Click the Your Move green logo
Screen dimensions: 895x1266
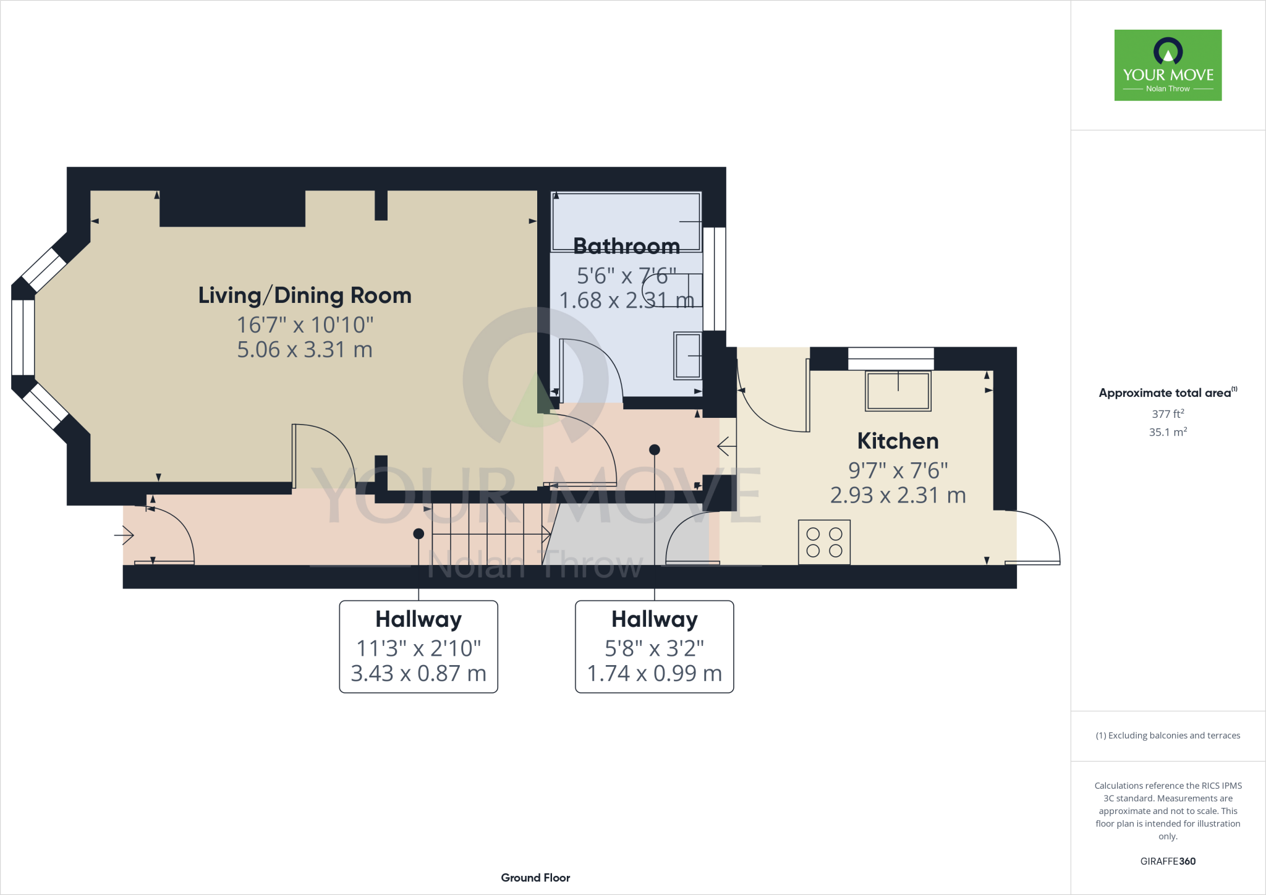[1168, 65]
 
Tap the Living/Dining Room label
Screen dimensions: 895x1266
[305, 295]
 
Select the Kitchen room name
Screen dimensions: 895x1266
[898, 441]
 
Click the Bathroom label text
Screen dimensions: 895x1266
[626, 246]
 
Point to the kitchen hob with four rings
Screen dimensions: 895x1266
[824, 542]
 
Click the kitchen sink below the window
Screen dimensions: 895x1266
[898, 391]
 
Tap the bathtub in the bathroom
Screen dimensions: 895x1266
[626, 221]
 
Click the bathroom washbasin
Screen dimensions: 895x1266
[687, 356]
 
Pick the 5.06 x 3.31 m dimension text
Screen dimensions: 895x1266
[305, 350]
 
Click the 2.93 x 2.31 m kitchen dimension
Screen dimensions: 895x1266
[898, 495]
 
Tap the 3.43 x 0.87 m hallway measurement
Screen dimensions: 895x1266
[418, 673]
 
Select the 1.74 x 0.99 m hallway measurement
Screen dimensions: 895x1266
[654, 673]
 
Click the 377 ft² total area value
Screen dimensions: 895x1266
[1168, 414]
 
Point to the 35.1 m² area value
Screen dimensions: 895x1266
[1168, 432]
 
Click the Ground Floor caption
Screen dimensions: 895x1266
[535, 878]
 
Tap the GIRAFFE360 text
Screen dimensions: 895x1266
[1168, 861]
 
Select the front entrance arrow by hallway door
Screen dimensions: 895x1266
[124, 535]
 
